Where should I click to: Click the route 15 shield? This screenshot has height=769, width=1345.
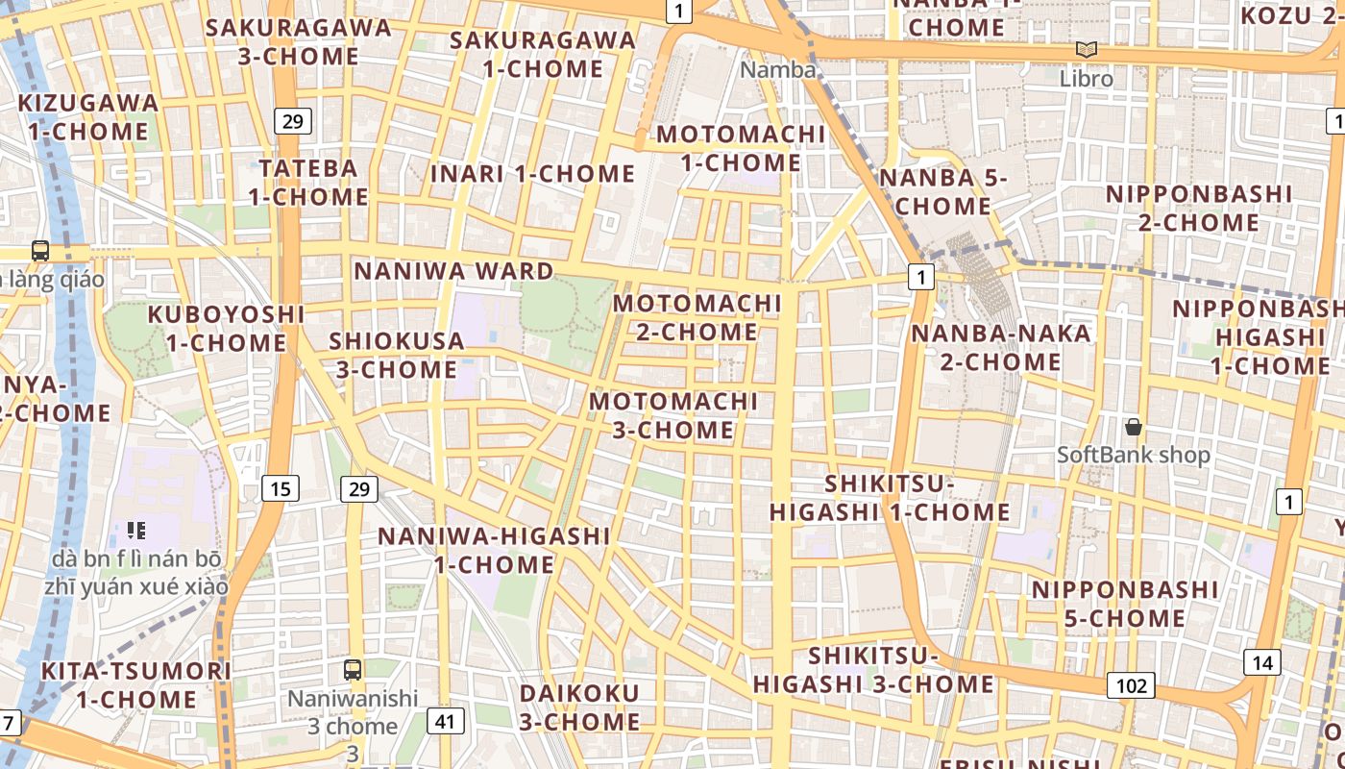280,489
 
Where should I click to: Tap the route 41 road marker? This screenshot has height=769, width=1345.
444,720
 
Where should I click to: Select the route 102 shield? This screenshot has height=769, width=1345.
1132,685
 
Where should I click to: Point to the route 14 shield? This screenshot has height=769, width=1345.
1261,662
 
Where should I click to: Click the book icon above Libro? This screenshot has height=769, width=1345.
1087,50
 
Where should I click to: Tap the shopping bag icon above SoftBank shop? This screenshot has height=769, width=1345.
1134,427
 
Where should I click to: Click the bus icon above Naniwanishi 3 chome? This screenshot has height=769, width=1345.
353,670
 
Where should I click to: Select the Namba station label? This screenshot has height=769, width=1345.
778,70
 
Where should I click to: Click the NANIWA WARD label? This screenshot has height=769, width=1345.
453,271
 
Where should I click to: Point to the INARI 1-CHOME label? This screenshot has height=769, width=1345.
532,174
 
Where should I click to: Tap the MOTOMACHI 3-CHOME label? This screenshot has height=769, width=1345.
673,415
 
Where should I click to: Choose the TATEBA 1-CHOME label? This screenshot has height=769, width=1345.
308,183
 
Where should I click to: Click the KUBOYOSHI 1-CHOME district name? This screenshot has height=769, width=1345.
226,329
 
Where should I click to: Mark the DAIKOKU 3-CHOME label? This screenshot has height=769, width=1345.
579,707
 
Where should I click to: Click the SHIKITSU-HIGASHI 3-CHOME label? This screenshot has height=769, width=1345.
873,670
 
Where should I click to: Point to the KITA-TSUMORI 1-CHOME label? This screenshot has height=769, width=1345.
136,684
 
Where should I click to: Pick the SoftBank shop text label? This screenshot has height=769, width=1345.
1134,455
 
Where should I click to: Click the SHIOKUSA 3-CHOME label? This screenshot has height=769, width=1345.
396,355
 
